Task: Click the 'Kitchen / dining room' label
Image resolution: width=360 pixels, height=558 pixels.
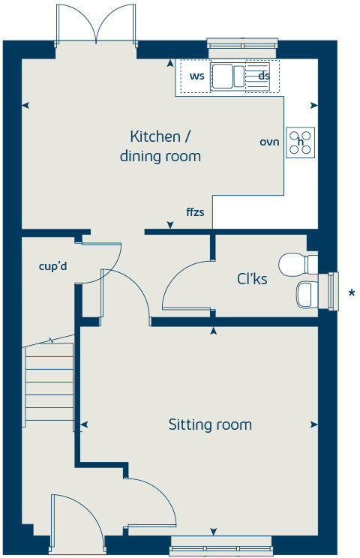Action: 160,146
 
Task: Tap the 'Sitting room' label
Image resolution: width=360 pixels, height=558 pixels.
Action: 209,424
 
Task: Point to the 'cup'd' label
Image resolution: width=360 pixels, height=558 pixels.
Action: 53,265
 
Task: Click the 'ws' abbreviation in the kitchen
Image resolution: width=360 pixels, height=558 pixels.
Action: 197,76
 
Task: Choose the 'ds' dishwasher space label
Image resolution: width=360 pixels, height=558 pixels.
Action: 263,76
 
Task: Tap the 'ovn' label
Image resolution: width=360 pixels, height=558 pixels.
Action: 269,142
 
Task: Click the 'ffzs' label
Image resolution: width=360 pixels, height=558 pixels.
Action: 195,212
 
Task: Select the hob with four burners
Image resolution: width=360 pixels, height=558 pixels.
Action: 301,142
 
